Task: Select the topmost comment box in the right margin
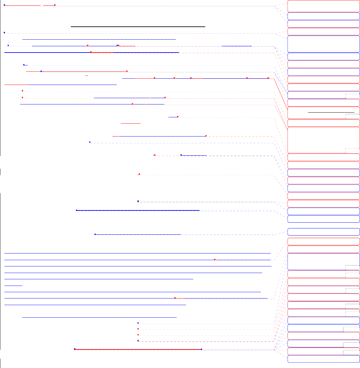(323, 6)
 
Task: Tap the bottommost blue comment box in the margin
(323, 359)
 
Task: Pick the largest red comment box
(323, 140)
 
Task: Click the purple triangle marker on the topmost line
(55, 5)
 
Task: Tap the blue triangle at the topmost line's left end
(4, 5)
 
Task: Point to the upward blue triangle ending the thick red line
(201, 349)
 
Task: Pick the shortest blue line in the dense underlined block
(13, 285)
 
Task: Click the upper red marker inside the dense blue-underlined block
(215, 260)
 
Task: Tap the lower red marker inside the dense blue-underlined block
(175, 298)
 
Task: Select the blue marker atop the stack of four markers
(138, 323)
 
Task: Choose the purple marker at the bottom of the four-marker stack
(138, 341)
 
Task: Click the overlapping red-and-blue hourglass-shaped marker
(138, 201)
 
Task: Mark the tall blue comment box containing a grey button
(323, 262)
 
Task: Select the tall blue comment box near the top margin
(323, 44)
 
